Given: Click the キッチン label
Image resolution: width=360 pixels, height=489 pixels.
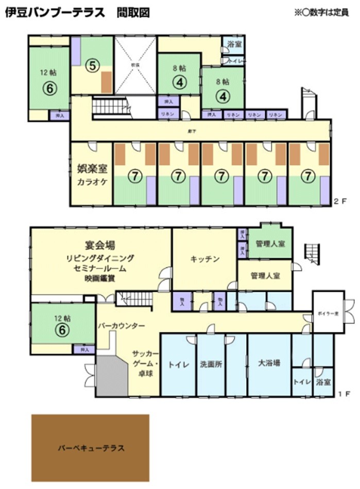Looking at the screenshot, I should [x=205, y=258].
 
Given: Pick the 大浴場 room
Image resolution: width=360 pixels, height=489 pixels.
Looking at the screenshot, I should [x=269, y=363].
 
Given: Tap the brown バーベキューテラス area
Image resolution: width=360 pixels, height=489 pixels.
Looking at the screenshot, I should [x=91, y=447].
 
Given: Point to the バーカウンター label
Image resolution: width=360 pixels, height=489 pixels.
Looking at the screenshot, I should [x=122, y=325].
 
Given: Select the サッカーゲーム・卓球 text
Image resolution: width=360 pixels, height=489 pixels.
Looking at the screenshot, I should [x=145, y=363].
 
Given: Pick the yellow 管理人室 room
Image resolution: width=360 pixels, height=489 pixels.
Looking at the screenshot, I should [x=265, y=276].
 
